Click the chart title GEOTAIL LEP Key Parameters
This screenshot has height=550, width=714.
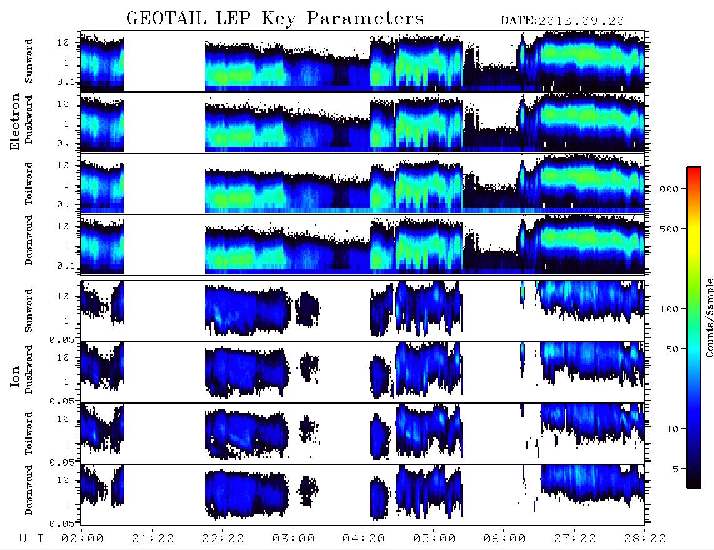click(275, 18)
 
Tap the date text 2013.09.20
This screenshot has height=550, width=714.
click(581, 21)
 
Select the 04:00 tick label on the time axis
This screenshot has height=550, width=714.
click(363, 539)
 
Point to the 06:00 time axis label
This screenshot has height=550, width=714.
click(504, 539)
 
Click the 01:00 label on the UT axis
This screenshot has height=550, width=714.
click(153, 539)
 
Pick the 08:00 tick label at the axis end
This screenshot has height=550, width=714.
click(645, 539)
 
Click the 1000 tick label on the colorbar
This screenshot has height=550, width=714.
click(665, 189)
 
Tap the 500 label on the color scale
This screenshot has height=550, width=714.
click(669, 229)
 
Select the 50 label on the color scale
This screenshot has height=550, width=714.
click(672, 349)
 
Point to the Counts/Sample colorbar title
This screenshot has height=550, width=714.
click(709, 317)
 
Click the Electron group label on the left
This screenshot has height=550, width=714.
click(14, 121)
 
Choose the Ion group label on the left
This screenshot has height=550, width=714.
click(14, 376)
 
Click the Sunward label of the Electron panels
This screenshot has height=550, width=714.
click(29, 61)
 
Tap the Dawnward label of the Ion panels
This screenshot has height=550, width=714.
click(29, 489)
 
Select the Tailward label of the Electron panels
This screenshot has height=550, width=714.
click(29, 183)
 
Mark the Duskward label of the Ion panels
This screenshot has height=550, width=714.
click(29, 369)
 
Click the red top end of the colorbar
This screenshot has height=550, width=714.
click(694, 169)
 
